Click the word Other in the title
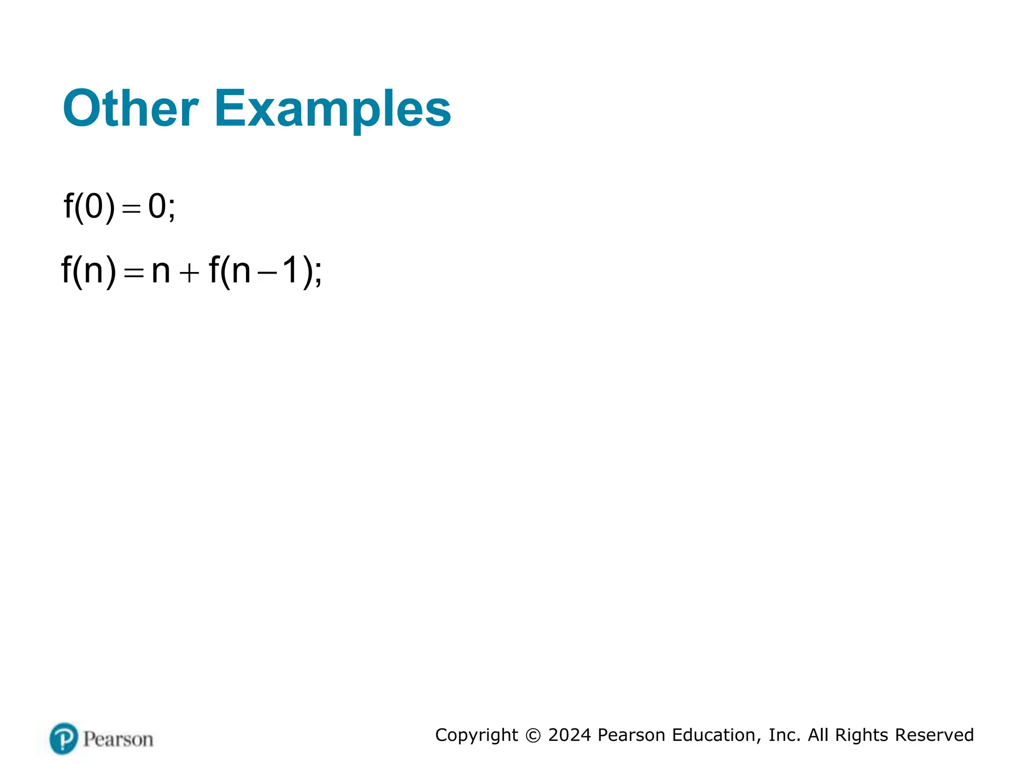pos(131,109)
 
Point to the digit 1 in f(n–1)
pos(290,271)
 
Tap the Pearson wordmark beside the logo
pos(118,739)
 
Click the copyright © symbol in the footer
pos(533,735)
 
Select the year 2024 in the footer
pos(570,735)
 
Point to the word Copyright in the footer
pos(476,735)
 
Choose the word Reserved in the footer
pos(934,735)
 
